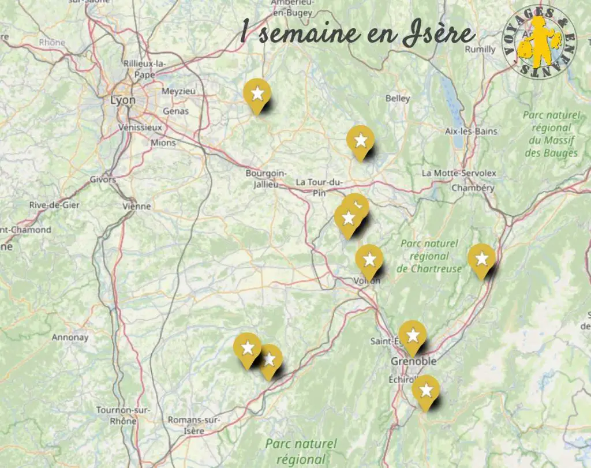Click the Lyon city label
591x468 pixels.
(123, 100)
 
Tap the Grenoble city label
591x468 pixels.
(413, 361)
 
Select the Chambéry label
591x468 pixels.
(473, 188)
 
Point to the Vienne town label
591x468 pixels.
(137, 206)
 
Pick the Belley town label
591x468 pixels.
(398, 98)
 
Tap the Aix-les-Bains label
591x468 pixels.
(471, 131)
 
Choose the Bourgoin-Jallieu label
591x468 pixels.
(266, 178)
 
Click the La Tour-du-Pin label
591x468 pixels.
(319, 187)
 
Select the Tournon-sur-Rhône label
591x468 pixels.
(124, 415)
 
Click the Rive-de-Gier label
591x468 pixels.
(54, 205)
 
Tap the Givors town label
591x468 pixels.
(103, 179)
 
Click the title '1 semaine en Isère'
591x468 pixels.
(357, 34)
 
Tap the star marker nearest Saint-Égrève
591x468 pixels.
(413, 335)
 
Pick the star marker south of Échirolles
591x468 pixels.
(426, 391)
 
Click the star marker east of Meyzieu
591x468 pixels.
(257, 94)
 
